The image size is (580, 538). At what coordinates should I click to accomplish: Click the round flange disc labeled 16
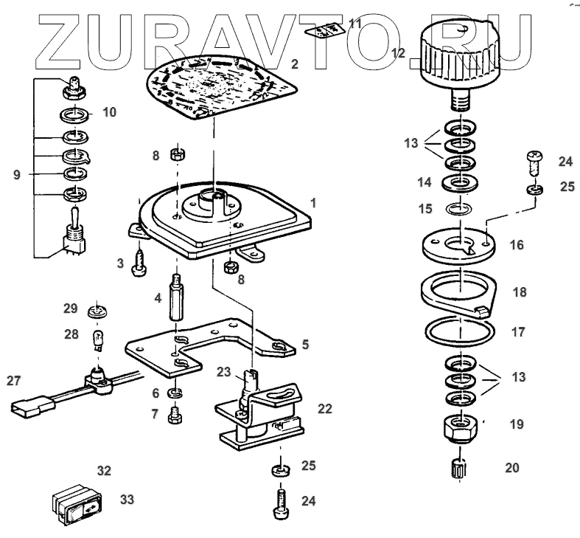pos(458,246)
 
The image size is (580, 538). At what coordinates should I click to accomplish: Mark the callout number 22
pos(324,407)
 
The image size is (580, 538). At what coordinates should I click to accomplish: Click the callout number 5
pos(305,344)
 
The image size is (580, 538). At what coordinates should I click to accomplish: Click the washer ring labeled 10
pos(75,115)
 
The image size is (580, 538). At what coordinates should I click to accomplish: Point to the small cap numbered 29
pos(95,310)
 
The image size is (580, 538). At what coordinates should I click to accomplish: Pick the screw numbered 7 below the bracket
pos(176,415)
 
